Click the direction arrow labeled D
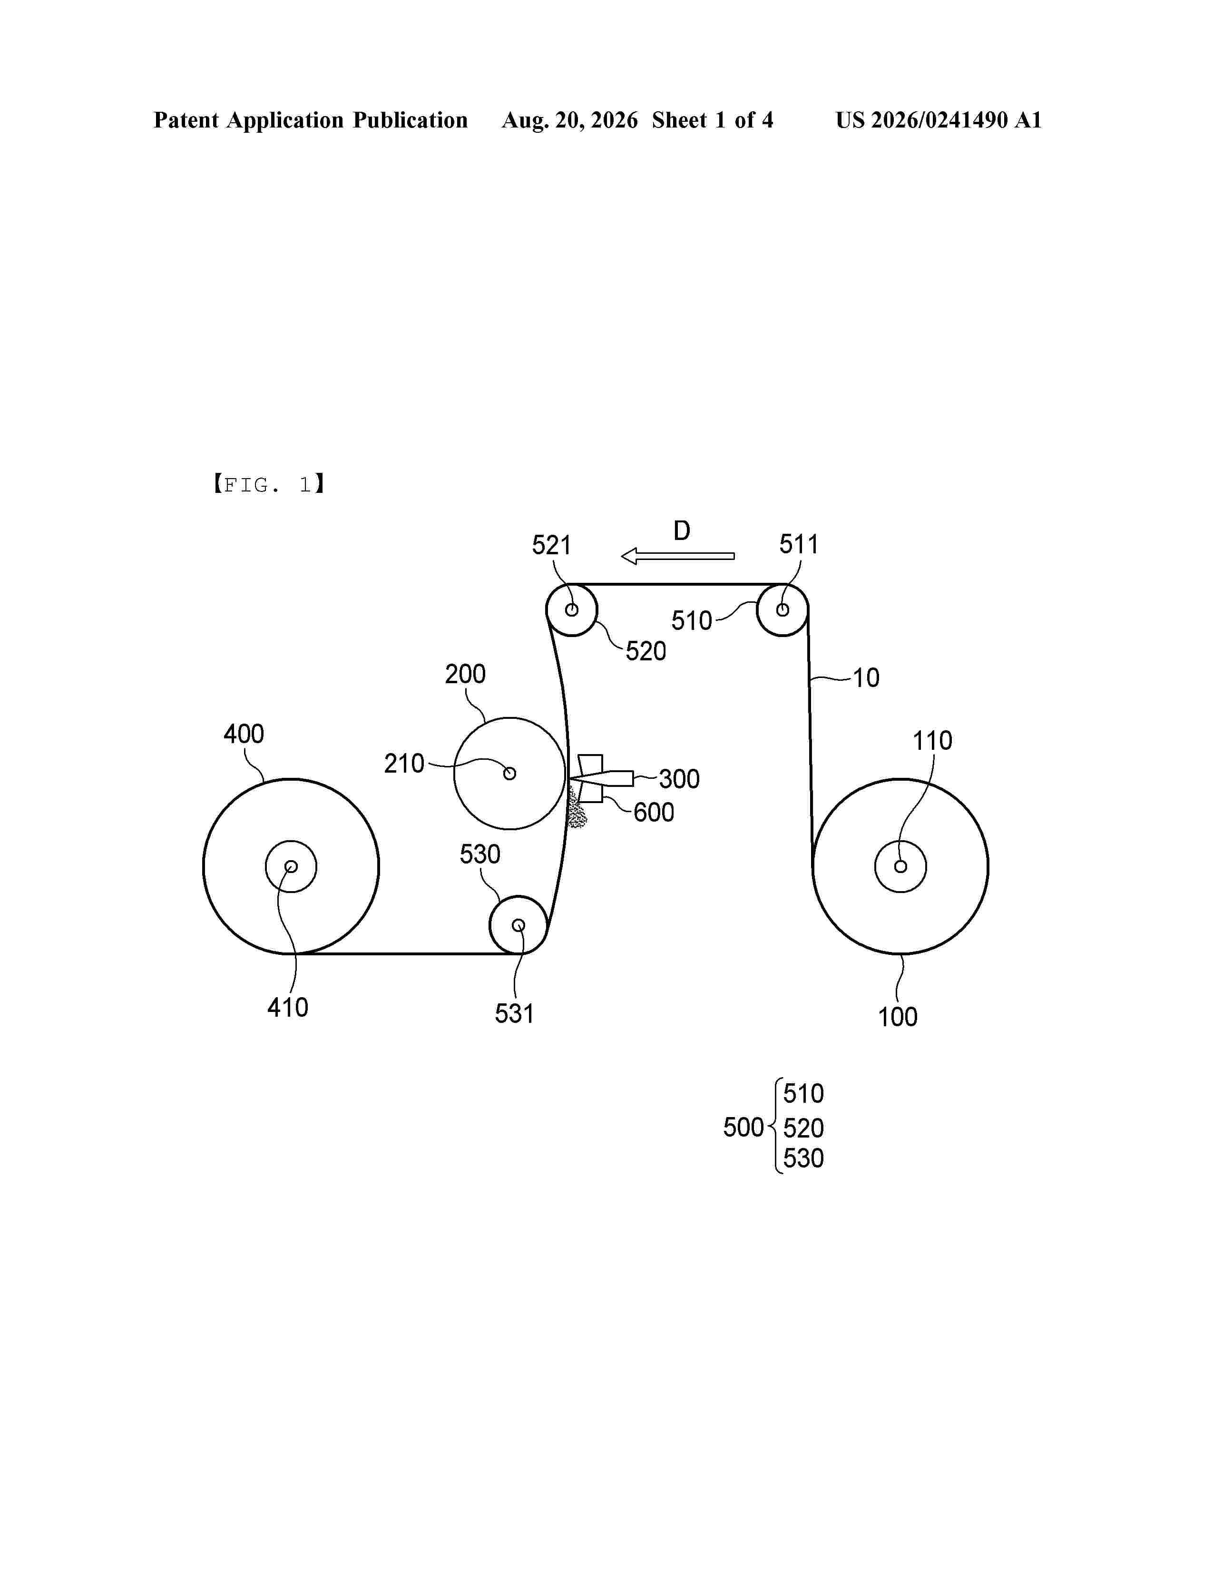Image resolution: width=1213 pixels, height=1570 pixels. (x=678, y=556)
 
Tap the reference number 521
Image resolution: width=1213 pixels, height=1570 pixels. (x=551, y=546)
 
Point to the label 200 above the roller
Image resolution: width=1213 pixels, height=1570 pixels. (x=465, y=674)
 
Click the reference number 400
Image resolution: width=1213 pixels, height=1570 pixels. (x=244, y=734)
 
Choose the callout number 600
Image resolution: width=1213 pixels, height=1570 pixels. (x=653, y=812)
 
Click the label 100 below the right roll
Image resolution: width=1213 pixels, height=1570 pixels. (x=898, y=1017)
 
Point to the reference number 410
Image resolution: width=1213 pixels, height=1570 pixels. (x=287, y=1008)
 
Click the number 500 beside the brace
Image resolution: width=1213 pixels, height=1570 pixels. (x=743, y=1127)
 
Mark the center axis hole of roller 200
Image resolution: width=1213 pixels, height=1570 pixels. (x=509, y=774)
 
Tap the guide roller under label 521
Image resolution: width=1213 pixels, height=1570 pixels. (x=572, y=609)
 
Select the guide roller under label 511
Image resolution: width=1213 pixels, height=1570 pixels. (x=783, y=609)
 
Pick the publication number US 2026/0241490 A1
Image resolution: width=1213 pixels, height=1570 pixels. (x=939, y=120)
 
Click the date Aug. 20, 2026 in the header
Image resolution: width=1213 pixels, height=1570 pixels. (x=570, y=120)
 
